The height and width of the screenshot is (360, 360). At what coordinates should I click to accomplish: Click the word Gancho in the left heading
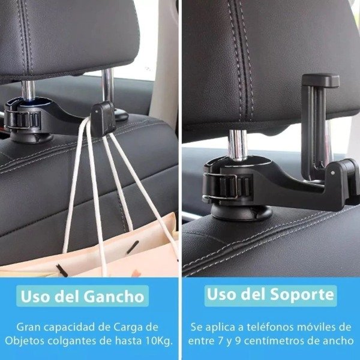[114, 296]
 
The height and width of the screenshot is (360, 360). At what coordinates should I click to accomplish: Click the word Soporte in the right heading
[302, 294]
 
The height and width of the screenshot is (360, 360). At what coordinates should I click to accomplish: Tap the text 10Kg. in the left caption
[159, 341]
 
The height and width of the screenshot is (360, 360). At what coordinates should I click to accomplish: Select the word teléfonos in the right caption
[271, 327]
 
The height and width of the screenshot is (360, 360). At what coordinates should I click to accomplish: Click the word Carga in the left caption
[128, 328]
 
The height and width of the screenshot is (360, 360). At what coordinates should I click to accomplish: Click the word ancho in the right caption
[338, 341]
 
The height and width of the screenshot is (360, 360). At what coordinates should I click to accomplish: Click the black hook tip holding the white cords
[103, 118]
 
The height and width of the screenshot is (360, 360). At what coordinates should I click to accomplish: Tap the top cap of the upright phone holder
[320, 80]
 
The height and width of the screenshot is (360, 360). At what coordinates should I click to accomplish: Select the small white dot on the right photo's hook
[332, 172]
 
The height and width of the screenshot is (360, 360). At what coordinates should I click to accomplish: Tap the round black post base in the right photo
[241, 212]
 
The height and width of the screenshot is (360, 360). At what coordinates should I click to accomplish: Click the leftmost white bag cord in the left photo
[73, 184]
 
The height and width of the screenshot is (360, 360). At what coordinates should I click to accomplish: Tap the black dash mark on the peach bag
[133, 247]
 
